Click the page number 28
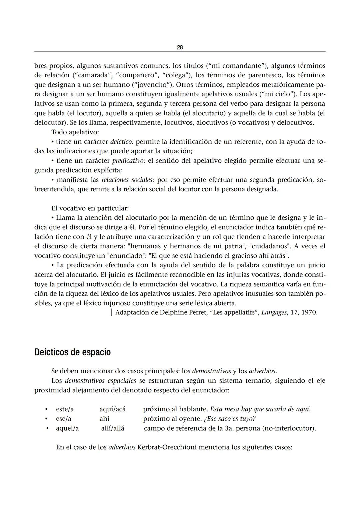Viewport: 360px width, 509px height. tap(180, 48)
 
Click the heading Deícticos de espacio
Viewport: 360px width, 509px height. tap(72, 352)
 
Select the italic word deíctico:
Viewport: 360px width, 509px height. tap(122, 142)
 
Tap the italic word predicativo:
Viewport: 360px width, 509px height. tap(128, 161)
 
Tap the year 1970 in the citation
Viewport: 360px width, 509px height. tap(309, 313)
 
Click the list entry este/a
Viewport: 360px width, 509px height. tap(65, 409)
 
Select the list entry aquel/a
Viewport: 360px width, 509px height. tap(67, 428)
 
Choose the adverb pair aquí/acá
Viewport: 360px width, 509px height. tap(112, 409)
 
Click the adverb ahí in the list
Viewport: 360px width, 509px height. tap(104, 419)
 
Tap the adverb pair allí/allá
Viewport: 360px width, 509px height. tap(113, 428)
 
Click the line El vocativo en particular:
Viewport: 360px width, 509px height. tap(90, 208)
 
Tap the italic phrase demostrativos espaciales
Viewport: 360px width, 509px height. tap(100, 381)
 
